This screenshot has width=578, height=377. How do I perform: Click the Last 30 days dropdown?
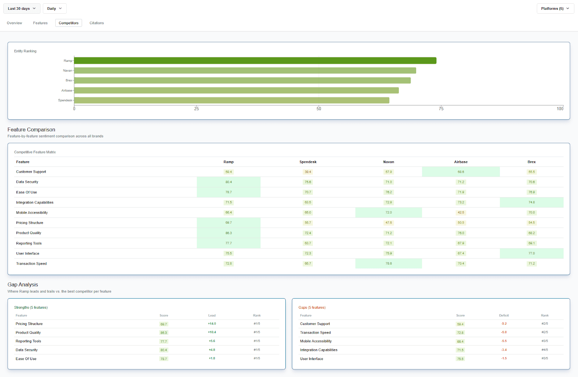click(22, 9)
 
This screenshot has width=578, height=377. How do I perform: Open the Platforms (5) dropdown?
click(555, 9)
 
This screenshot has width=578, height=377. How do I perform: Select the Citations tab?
click(96, 23)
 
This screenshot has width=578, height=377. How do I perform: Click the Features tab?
click(40, 23)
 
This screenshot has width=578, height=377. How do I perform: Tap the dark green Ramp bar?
click(255, 61)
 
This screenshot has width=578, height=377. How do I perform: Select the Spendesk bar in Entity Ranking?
click(232, 100)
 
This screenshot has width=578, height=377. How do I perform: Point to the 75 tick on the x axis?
click(441, 108)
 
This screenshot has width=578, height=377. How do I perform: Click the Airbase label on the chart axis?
click(66, 90)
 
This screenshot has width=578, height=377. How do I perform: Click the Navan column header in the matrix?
click(388, 162)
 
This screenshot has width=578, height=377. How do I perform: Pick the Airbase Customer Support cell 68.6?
click(461, 172)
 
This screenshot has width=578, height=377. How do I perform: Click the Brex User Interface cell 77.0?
click(531, 253)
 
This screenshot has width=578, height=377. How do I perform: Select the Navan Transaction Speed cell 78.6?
click(388, 264)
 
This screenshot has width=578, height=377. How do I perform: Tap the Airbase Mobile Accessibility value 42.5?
click(461, 213)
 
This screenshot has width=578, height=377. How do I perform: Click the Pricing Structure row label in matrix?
click(30, 223)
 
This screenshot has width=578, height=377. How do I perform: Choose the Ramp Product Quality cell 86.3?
click(229, 233)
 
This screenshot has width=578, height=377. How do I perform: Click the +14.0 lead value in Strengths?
click(212, 324)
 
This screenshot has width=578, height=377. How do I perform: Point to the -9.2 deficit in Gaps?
click(504, 324)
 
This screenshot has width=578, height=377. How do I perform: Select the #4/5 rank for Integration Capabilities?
click(544, 350)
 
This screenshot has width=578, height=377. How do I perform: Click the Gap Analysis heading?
click(23, 285)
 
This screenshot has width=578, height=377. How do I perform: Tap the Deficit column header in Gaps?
click(504, 316)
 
